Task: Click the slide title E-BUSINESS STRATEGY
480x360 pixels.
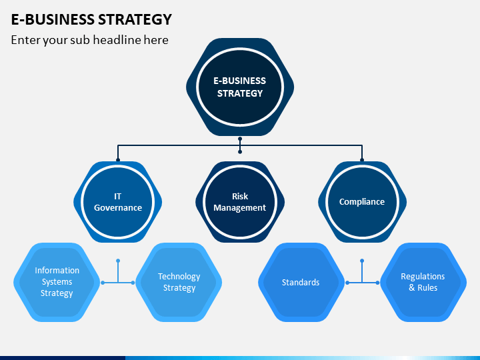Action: (91, 19)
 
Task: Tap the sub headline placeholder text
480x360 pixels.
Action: (90, 40)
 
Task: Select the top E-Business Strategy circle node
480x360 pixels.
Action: (240, 87)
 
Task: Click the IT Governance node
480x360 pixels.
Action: (117, 202)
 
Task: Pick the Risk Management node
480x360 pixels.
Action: (240, 202)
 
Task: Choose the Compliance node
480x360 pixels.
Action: (362, 202)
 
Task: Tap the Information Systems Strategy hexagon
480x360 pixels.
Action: (57, 282)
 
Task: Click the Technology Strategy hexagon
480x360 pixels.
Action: (179, 282)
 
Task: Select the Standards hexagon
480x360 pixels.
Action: (301, 282)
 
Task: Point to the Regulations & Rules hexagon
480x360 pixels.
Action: (423, 282)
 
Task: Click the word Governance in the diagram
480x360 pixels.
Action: (118, 208)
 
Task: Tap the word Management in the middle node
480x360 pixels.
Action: (240, 208)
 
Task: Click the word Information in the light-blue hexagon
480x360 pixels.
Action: (57, 271)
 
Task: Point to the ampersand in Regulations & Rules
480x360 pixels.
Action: (412, 288)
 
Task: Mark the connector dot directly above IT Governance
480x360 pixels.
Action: (118, 160)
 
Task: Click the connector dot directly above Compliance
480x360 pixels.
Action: (362, 160)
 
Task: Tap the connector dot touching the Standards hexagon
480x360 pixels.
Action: (347, 283)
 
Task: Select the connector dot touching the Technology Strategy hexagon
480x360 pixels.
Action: (133, 283)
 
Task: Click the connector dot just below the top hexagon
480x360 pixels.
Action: (240, 139)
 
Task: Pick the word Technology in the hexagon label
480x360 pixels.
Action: (179, 277)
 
